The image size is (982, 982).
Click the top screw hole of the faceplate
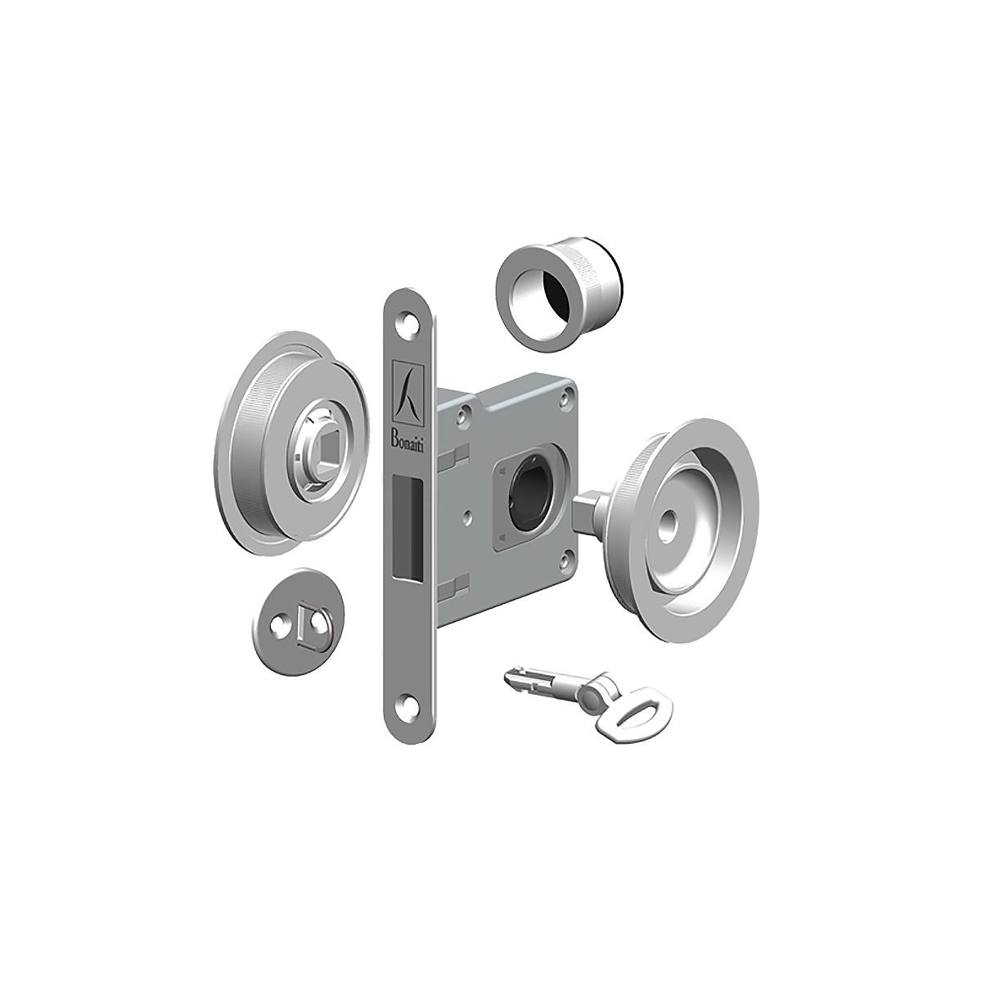pos(408,323)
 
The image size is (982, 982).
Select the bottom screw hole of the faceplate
pos(407,702)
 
